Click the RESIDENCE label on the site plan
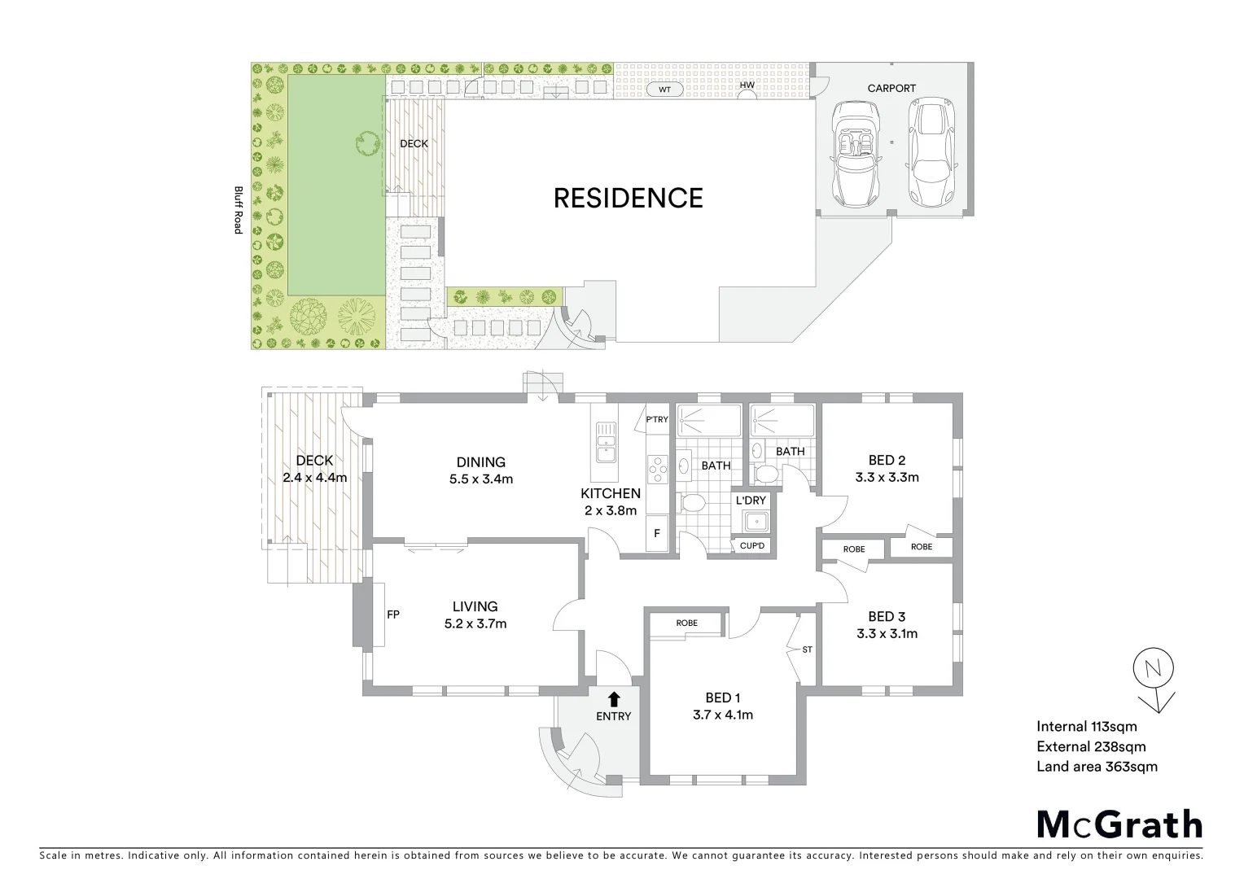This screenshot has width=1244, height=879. [628, 198]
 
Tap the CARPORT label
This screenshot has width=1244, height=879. [891, 88]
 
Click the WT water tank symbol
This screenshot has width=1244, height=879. [665, 90]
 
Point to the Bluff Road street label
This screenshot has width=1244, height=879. [239, 210]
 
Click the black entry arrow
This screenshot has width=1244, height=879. [614, 698]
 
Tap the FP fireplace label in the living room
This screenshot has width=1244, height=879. [392, 614]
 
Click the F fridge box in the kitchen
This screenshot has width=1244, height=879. [657, 533]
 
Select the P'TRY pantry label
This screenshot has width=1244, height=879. [656, 420]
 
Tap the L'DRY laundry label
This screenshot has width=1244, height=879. [751, 500]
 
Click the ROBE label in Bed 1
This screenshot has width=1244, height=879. [686, 623]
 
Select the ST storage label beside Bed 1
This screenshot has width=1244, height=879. [807, 649]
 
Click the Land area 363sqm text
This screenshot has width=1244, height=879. [1097, 766]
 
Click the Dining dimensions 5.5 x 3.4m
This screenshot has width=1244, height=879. [480, 479]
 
